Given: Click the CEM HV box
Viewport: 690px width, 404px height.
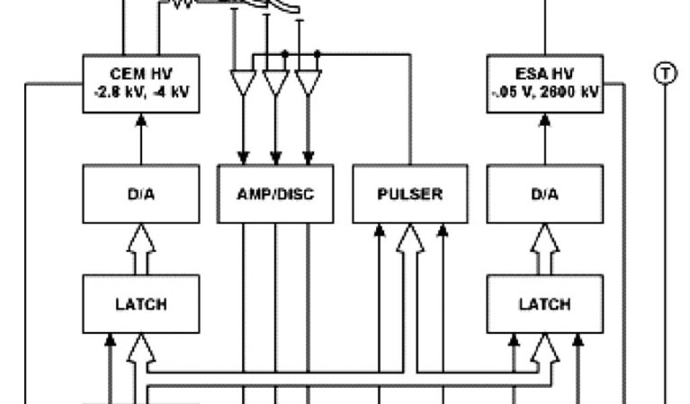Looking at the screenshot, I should pyautogui.click(x=141, y=83).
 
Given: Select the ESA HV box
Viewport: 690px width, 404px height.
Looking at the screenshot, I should pyautogui.click(x=544, y=83).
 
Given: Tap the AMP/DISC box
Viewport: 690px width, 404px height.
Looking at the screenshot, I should pyautogui.click(x=276, y=194).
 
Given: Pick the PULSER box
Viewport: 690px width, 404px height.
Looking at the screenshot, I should pyautogui.click(x=410, y=194).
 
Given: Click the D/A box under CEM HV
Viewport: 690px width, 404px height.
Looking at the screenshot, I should pyautogui.click(x=141, y=194).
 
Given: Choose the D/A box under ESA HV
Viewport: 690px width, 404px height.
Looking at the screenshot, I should pyautogui.click(x=544, y=194).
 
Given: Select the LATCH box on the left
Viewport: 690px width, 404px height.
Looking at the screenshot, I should pyautogui.click(x=141, y=304).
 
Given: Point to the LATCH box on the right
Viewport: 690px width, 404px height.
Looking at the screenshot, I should pyautogui.click(x=544, y=304).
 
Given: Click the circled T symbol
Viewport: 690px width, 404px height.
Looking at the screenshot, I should pyautogui.click(x=665, y=73).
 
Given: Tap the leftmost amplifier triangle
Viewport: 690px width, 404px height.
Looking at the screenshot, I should pyautogui.click(x=243, y=81).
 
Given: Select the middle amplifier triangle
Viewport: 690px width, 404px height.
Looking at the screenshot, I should pyautogui.click(x=276, y=81).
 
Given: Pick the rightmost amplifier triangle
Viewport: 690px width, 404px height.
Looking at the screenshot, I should pyautogui.click(x=308, y=81).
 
